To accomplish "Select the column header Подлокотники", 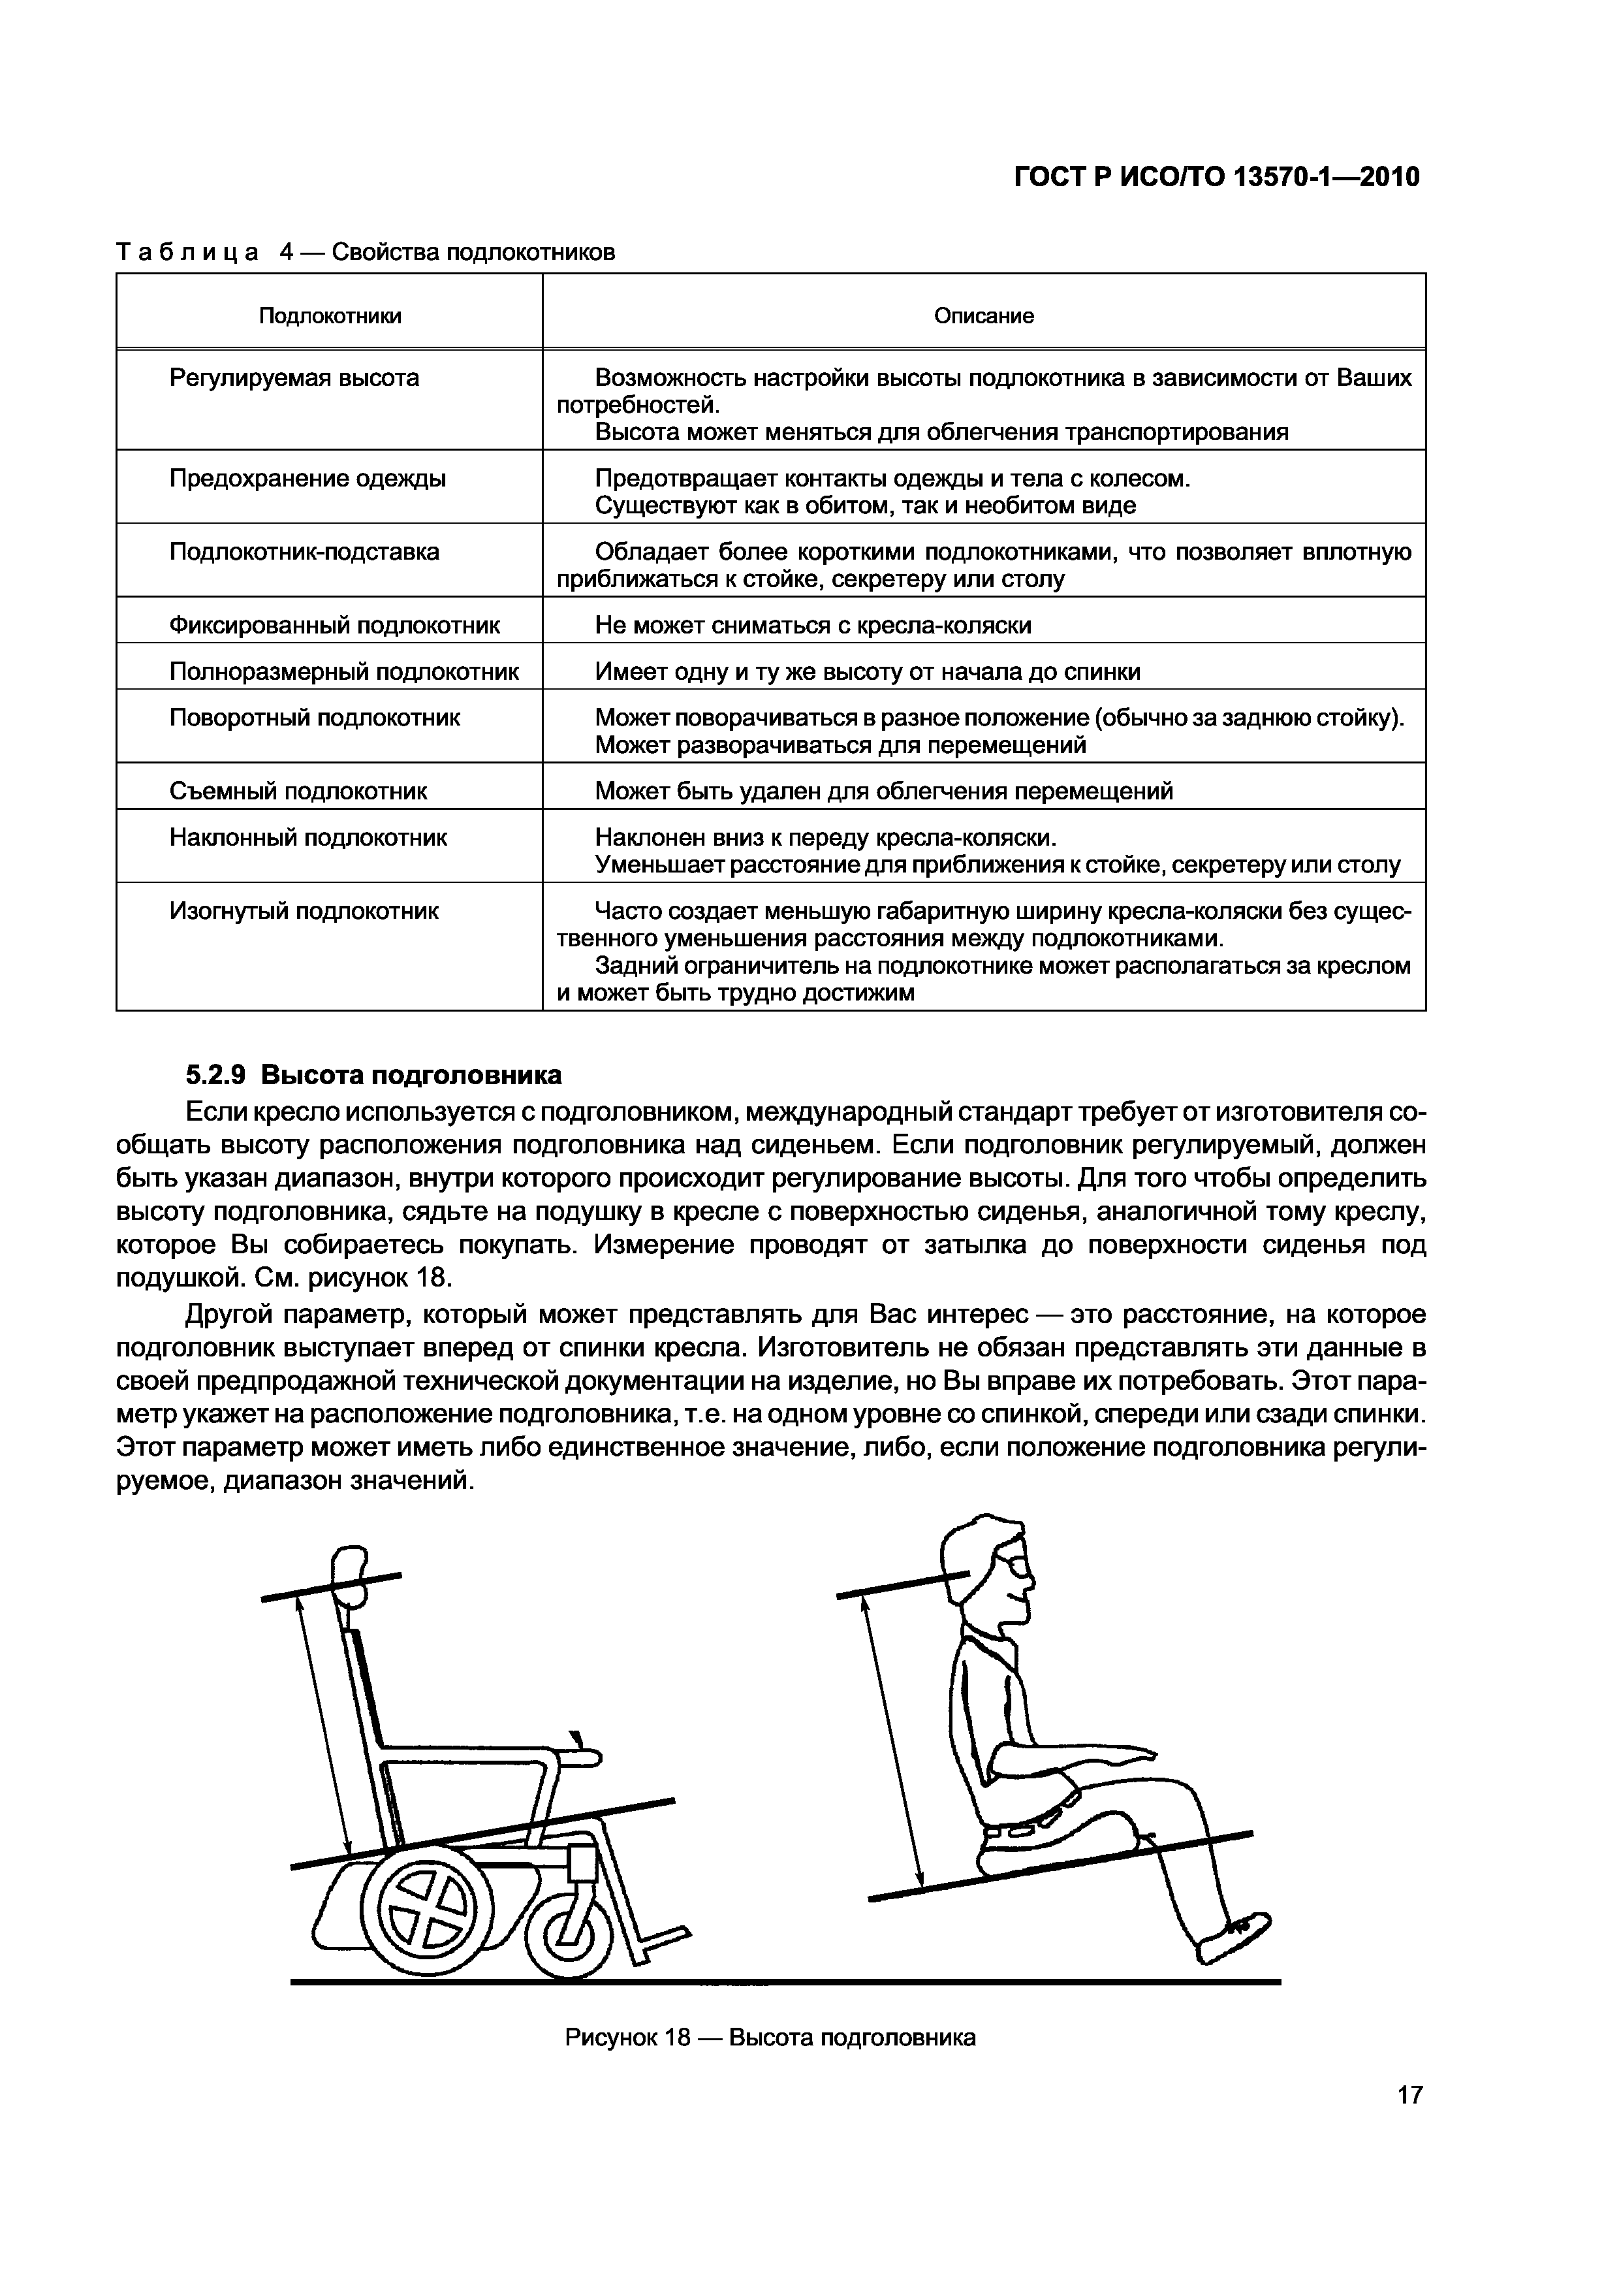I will (330, 316).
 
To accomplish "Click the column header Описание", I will (984, 316).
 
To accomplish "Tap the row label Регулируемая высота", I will (294, 378).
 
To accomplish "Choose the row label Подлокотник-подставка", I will (304, 552).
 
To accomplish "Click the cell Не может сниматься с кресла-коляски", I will (813, 626).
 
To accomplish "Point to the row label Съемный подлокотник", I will (298, 792).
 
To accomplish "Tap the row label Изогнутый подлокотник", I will (304, 911).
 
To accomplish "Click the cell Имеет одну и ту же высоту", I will (867, 671).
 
